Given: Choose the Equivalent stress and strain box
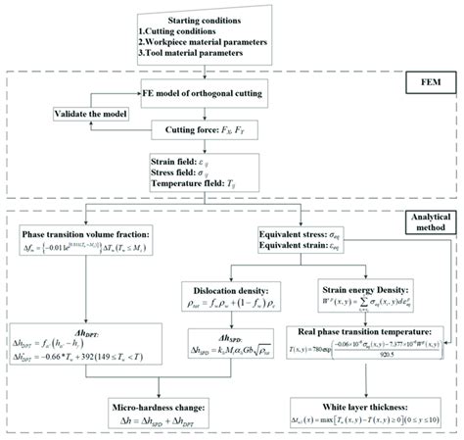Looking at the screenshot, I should click(318, 240).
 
